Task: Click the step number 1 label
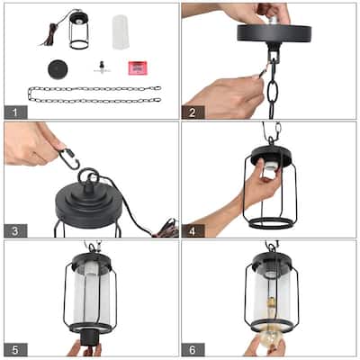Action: point(15,112)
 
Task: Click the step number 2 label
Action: point(193,112)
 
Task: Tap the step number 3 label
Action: point(15,231)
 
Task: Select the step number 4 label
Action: point(193,231)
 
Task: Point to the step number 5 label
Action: point(15,350)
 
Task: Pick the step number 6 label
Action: point(193,350)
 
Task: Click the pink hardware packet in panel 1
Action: point(138,67)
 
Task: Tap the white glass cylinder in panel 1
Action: point(121,32)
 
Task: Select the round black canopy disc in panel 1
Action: point(58,69)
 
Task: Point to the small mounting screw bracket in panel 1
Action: point(102,67)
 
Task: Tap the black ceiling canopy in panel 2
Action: point(274,33)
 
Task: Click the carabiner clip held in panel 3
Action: point(69,158)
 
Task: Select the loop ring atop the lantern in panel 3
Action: point(88,177)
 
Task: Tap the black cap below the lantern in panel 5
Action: point(89,339)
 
